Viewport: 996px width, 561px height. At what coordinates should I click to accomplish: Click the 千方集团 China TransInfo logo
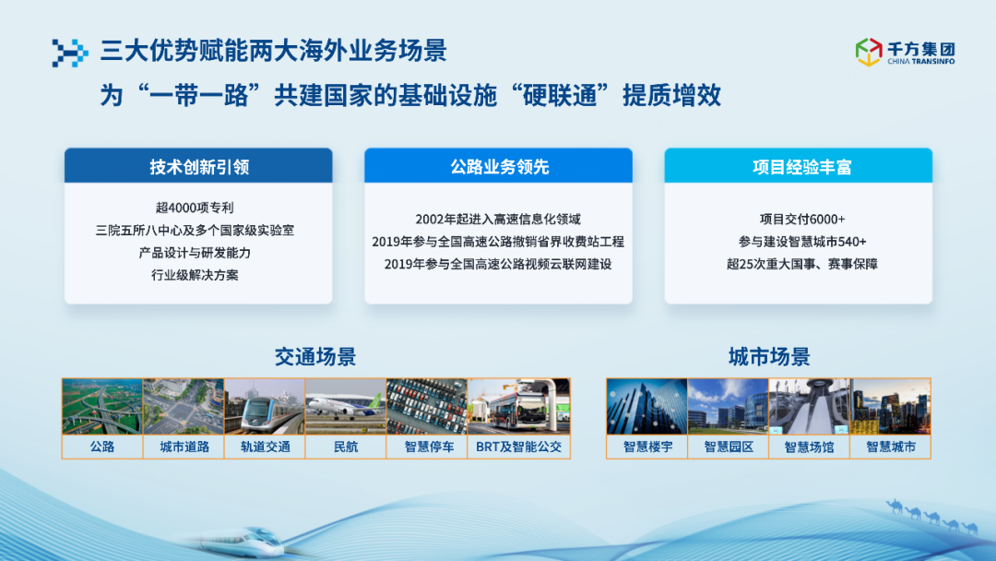906,52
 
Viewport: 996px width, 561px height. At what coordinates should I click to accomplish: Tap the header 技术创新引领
199,166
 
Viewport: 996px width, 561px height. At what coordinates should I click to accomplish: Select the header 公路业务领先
499,166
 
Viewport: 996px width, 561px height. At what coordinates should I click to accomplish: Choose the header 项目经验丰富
801,166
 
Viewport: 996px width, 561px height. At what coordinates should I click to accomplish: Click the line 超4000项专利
195,208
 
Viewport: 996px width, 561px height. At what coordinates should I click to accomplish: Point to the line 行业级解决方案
195,275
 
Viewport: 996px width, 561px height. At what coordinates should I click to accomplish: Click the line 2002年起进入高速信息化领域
498,220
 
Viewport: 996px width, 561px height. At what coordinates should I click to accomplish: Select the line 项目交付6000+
802,220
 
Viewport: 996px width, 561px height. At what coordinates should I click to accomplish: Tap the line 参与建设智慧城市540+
802,242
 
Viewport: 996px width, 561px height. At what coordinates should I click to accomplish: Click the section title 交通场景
315,356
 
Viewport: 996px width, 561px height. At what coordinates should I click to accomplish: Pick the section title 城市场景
769,356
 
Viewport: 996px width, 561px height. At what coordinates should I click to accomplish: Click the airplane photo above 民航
346,407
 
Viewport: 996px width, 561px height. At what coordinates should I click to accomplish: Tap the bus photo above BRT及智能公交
519,407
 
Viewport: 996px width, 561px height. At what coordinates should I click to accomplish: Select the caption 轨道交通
265,447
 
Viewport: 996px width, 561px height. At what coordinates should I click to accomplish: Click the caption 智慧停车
430,447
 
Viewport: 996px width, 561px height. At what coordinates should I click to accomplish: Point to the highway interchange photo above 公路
102,407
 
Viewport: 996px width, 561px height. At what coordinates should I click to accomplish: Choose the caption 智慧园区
729,447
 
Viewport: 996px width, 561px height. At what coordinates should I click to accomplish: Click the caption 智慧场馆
810,447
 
